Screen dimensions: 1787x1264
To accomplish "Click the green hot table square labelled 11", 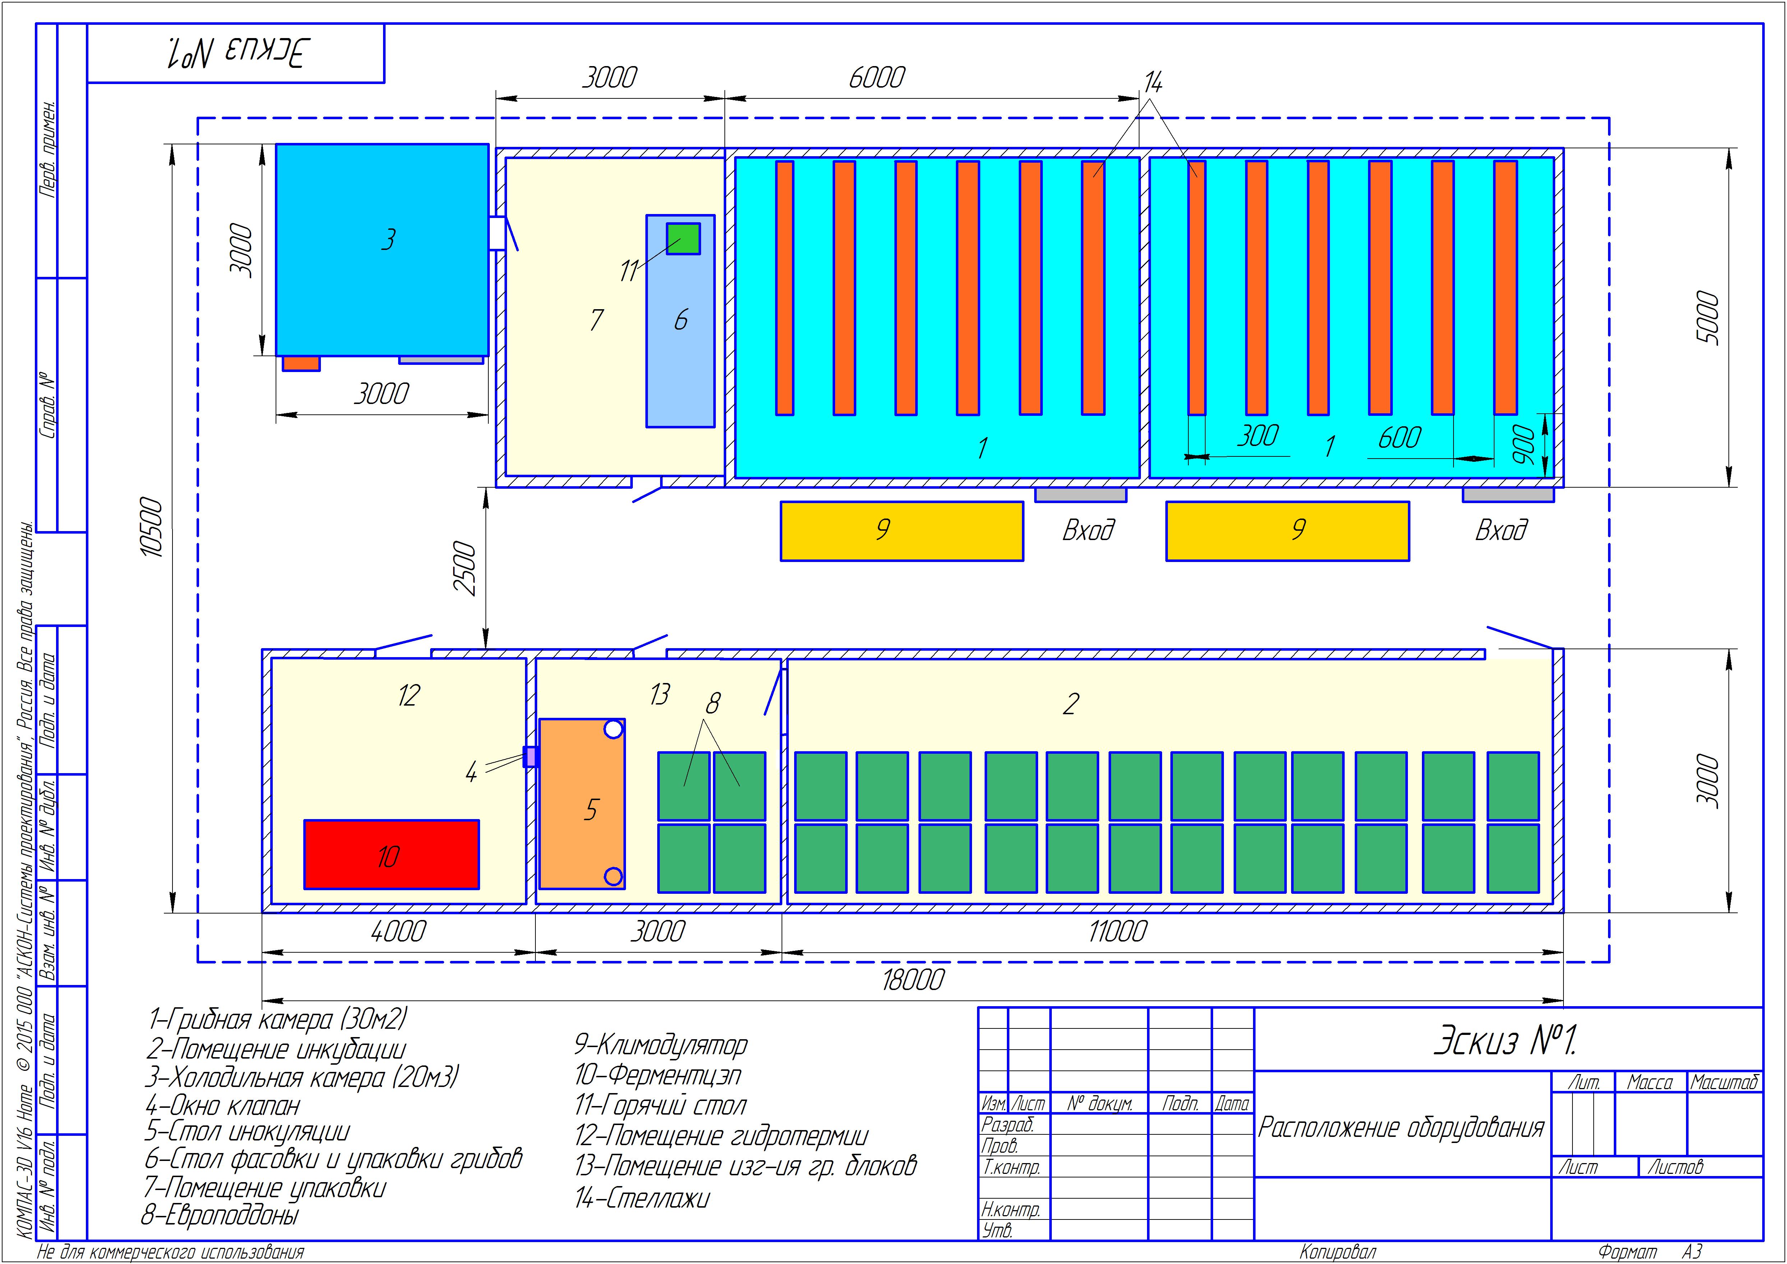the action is [683, 238].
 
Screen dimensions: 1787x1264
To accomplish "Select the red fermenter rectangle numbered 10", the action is [391, 854].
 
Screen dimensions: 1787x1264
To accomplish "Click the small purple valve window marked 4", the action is [530, 757].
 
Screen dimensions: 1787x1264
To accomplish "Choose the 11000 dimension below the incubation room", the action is [1117, 931].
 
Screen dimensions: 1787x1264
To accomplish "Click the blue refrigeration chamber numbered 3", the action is [382, 250].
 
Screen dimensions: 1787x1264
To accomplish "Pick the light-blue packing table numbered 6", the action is [681, 321].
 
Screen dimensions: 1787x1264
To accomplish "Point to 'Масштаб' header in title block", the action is [1724, 1082].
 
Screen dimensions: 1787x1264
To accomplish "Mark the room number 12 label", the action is [409, 695].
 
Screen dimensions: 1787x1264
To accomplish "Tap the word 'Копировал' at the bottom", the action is [1338, 1251].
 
